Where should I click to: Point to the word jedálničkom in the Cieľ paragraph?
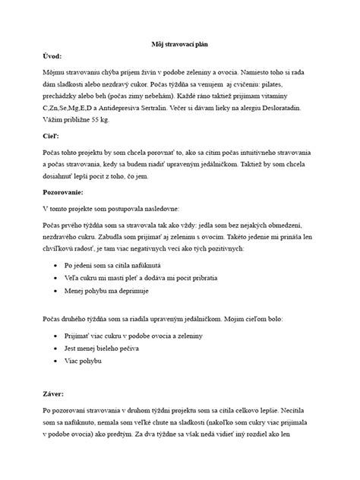point(229,165)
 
